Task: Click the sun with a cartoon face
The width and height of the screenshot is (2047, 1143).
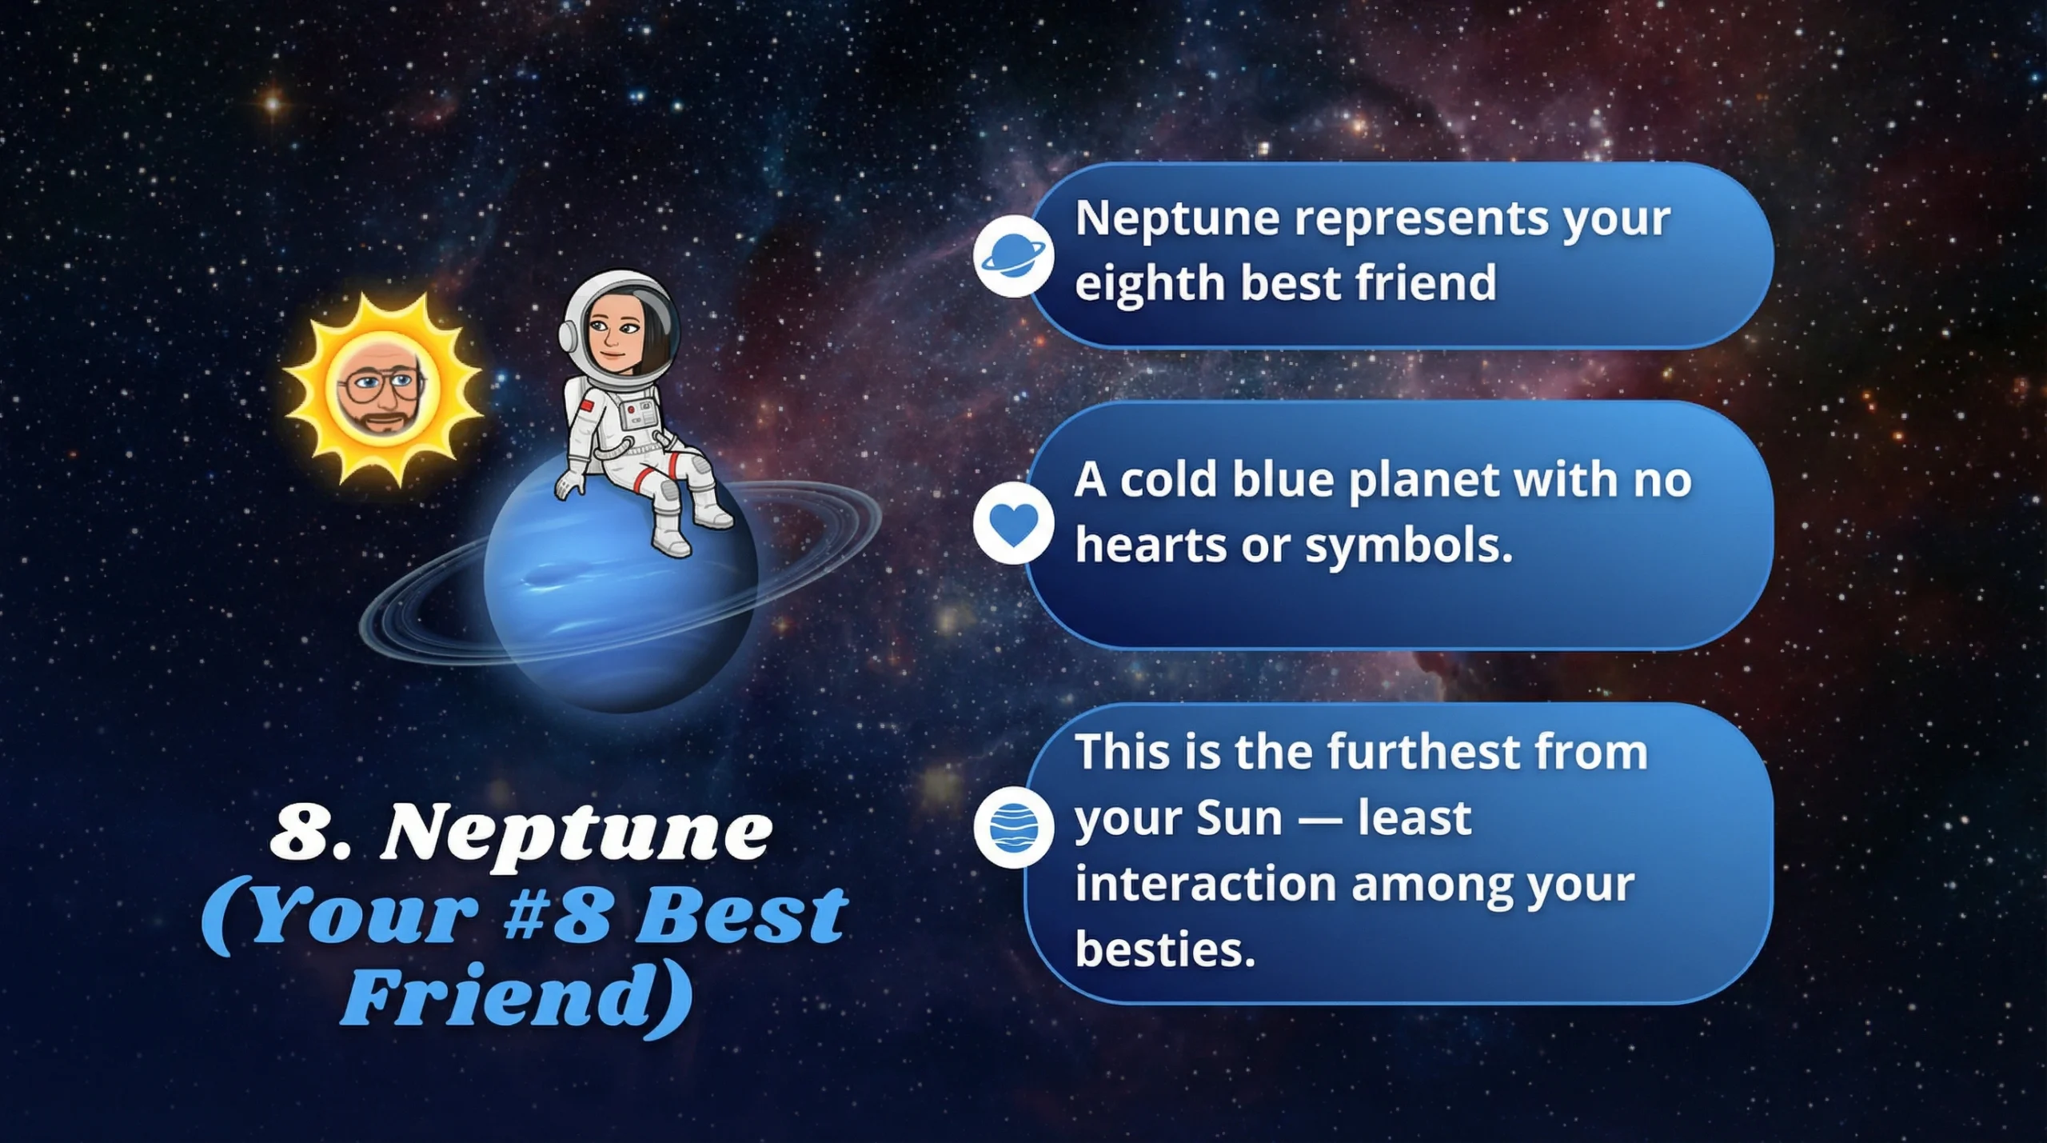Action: (382, 390)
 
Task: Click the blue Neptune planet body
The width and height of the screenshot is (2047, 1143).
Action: (620, 584)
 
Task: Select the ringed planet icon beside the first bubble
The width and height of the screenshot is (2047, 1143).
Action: (1013, 256)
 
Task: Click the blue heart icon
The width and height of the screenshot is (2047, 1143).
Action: (1013, 524)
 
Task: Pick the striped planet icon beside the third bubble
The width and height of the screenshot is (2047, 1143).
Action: (1013, 827)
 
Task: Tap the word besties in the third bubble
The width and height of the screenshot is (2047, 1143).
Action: (1165, 949)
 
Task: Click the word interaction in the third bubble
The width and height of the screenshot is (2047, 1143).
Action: (1206, 884)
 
